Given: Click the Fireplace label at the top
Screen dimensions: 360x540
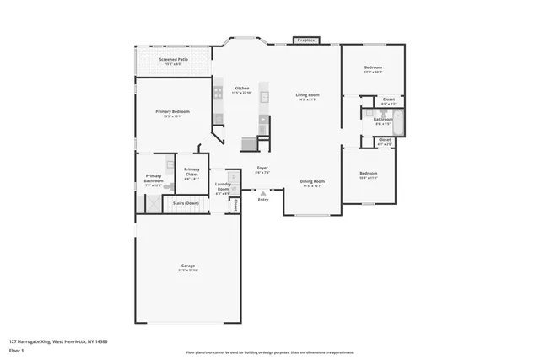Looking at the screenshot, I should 305,40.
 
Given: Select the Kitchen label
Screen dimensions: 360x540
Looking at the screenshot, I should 242,89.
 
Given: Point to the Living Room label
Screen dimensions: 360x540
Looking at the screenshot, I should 307,96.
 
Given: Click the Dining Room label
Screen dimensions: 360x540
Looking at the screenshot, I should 313,183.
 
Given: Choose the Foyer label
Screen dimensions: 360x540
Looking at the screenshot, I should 262,169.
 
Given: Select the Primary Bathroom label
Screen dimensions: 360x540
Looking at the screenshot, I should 154,179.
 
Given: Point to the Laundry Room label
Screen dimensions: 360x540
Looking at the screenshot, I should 223,186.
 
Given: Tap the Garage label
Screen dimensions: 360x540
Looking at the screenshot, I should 187,267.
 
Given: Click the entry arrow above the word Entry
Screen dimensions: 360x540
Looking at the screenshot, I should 263,192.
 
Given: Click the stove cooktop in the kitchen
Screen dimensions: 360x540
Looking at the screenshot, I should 218,93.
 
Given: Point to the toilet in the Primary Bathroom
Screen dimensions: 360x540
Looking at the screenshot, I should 170,166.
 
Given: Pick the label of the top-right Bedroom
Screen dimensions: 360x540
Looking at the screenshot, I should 373,69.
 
